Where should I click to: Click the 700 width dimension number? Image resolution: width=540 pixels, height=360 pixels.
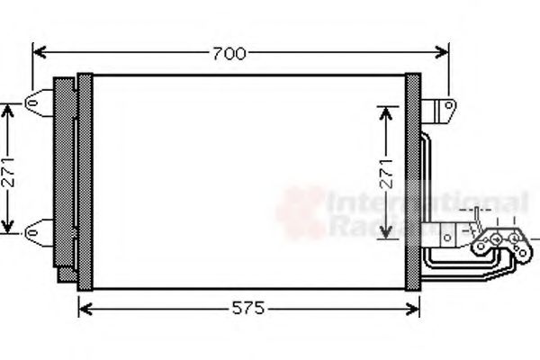(x=229, y=54)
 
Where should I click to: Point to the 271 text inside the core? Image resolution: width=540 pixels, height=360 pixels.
(x=386, y=173)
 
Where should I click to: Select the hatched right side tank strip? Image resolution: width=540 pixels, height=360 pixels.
(x=413, y=180)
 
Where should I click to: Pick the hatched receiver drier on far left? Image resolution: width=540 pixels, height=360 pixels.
(x=65, y=175)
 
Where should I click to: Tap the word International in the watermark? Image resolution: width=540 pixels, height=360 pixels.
(x=427, y=202)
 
